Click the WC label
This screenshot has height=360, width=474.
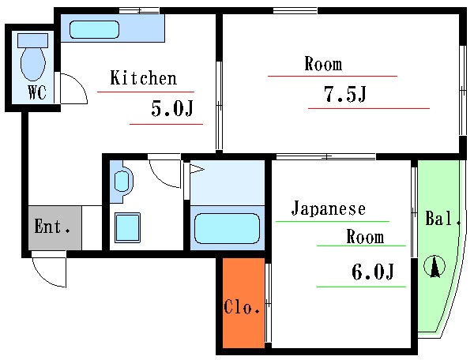pos(37,92)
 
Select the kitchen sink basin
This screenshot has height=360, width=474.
pos(94,30)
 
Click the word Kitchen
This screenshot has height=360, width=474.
pos(143,78)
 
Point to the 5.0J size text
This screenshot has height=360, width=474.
pos(171,110)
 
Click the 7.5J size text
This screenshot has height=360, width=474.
pos(345,95)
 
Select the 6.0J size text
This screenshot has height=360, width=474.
pos(371,272)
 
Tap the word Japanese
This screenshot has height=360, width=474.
pos(329,209)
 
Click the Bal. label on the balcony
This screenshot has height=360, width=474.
pos(443,219)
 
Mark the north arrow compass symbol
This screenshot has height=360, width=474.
pos(434,267)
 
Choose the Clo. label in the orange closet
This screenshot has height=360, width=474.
pos(243,308)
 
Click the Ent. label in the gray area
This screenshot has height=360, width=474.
pos(54,228)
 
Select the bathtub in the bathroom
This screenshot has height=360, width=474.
pos(227,229)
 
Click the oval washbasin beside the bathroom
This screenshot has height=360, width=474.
pos(122,182)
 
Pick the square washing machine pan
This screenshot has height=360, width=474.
pos(128,227)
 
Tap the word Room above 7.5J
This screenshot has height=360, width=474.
pos(323,64)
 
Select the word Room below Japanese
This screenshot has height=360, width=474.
pos(364,237)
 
